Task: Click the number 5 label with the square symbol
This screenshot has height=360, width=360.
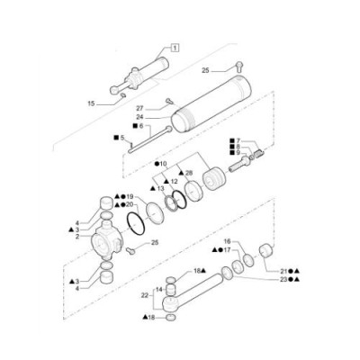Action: click(122, 138)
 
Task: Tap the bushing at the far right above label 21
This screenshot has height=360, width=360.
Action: click(266, 249)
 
